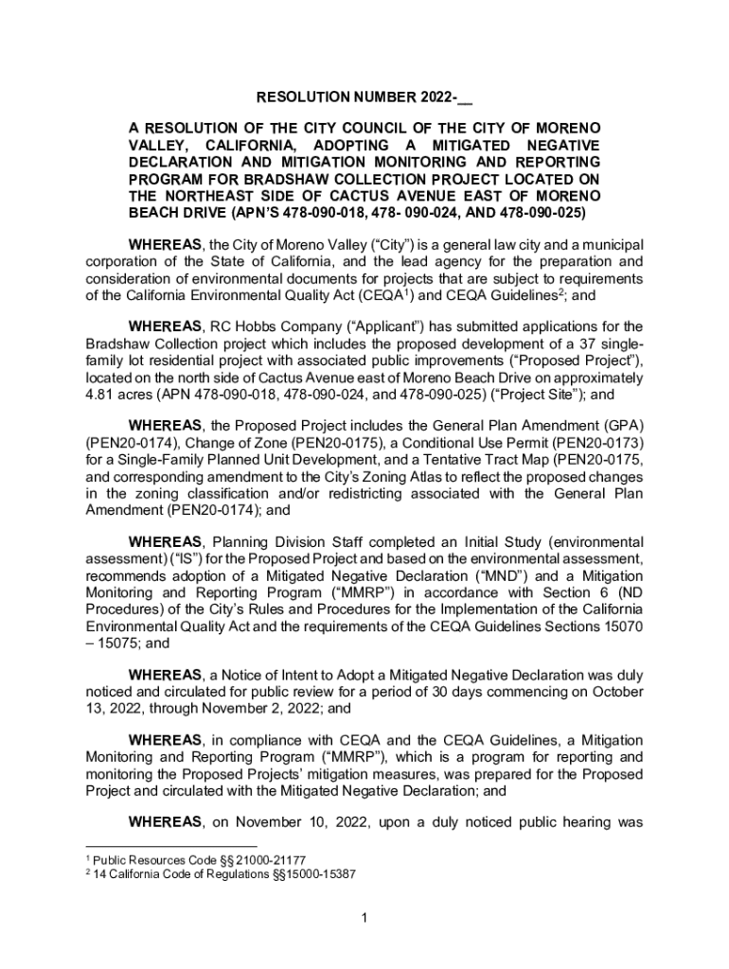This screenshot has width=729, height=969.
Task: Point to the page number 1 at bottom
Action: [364, 918]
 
